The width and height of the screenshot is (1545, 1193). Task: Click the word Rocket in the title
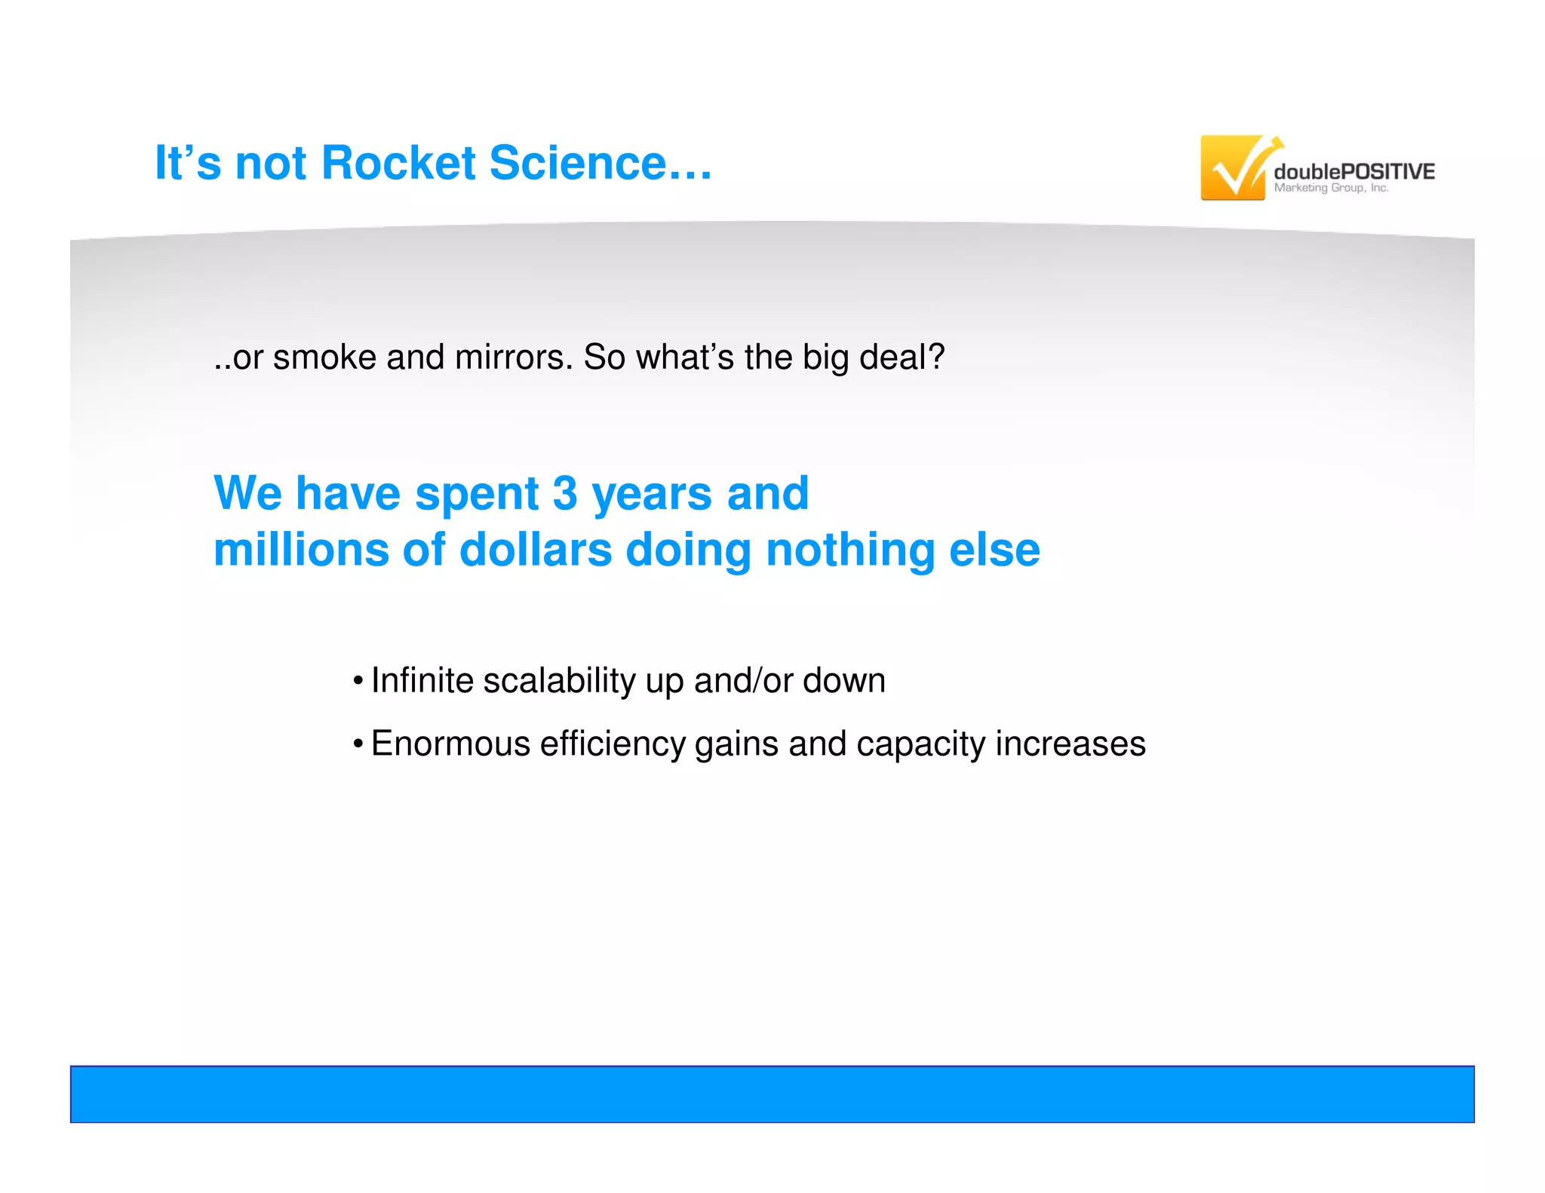point(398,163)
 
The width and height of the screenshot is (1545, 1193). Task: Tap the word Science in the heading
point(578,163)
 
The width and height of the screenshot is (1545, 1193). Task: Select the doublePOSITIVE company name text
point(1354,171)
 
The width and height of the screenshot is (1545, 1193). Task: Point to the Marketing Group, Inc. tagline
point(1331,189)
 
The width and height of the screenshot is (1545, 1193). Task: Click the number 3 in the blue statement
point(564,493)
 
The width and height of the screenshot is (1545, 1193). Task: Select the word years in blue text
point(652,495)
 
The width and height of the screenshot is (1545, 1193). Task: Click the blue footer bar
point(772,1093)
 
